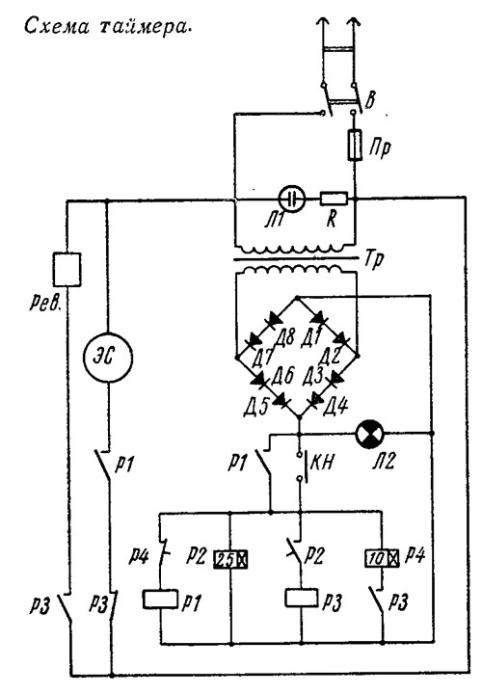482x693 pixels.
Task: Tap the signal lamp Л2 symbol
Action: [369, 433]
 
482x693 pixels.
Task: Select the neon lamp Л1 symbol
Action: [291, 199]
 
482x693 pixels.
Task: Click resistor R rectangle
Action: [334, 199]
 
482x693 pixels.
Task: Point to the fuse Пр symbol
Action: [355, 146]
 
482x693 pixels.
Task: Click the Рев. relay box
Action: [67, 269]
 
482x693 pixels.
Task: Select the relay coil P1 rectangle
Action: [160, 600]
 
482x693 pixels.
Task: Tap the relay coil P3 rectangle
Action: [302, 598]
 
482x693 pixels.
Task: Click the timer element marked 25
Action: [230, 560]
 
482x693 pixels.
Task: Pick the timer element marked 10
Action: [382, 558]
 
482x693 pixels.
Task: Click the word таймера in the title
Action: [145, 27]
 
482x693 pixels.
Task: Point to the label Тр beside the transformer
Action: [374, 260]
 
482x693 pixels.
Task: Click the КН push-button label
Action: [321, 462]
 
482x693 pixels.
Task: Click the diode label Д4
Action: [336, 406]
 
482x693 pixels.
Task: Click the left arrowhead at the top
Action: [325, 21]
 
